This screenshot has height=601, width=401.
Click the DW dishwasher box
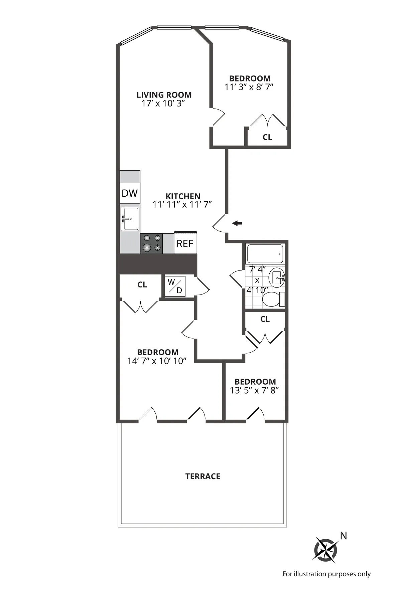tap(130, 193)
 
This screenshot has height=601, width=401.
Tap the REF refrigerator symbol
tap(185, 243)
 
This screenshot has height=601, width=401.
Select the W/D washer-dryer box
tap(175, 286)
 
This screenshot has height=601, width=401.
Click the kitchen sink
tap(130, 219)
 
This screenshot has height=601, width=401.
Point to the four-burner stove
tap(152, 243)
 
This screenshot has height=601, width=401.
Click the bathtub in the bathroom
tap(265, 254)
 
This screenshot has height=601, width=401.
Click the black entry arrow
tap(237, 223)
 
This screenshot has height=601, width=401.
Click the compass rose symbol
tap(325, 549)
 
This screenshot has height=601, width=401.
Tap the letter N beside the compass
tap(343, 536)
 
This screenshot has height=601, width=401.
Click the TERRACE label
tap(203, 476)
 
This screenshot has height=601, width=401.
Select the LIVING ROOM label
tap(164, 95)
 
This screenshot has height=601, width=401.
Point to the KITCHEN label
tap(183, 196)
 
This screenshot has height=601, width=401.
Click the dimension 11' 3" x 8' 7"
tap(249, 87)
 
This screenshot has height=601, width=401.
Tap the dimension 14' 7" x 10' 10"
tap(157, 361)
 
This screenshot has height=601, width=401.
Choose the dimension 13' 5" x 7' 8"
tap(255, 390)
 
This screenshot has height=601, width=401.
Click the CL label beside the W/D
tap(142, 285)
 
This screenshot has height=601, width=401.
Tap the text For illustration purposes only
tap(326, 574)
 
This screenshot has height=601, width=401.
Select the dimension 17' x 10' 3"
tap(163, 104)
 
